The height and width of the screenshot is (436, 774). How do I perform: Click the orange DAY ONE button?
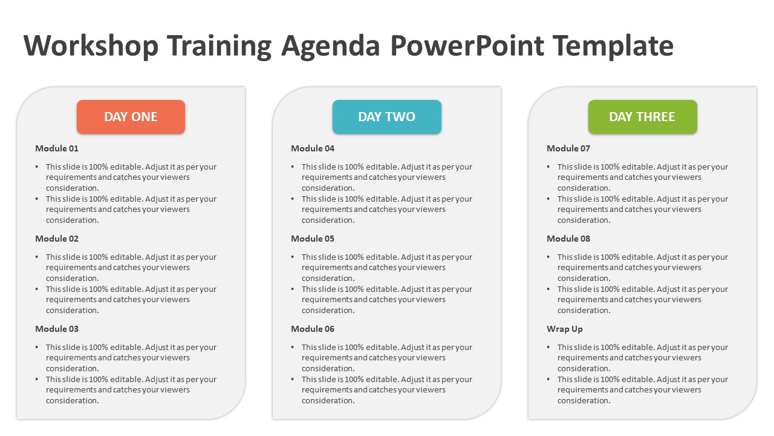131,117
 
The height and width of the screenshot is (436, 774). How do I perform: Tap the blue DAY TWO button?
387,117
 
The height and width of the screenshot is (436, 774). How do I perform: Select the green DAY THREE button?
643,117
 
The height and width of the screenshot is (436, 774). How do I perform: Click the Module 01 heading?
57,148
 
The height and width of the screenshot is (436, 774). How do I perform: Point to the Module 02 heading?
57,239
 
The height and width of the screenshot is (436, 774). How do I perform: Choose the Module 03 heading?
57,329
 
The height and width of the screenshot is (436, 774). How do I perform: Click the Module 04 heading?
313,148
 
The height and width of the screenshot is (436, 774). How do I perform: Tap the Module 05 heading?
313,239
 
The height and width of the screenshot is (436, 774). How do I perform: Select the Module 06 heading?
313,329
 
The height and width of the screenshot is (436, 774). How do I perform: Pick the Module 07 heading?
568,148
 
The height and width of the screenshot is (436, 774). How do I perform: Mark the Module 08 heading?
568,239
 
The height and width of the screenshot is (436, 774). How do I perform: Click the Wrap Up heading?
565,329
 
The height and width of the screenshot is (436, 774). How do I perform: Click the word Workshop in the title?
91,45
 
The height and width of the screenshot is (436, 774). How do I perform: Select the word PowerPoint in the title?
467,45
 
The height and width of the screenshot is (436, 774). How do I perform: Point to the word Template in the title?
613,45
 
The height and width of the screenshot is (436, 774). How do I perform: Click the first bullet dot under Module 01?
37,167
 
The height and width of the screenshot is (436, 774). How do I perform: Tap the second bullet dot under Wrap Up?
548,380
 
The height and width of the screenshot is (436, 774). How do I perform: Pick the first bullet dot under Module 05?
293,257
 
